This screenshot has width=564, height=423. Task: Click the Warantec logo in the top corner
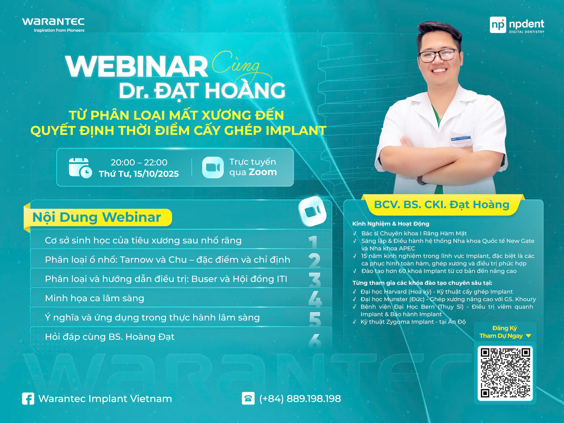[53, 25]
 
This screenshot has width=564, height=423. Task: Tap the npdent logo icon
[498, 25]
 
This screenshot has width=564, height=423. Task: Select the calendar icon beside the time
[80, 168]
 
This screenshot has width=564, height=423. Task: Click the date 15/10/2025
[156, 174]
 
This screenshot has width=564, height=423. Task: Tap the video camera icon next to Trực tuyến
[213, 167]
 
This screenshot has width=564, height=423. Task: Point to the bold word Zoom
[263, 172]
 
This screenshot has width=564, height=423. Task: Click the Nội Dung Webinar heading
[97, 217]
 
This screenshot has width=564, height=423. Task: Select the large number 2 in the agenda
[314, 260]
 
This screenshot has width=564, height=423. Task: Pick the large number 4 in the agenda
[315, 299]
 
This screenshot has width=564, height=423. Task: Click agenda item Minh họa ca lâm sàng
[95, 298]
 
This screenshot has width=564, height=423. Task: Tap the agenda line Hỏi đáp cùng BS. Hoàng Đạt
[110, 337]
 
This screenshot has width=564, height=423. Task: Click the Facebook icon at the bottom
[28, 399]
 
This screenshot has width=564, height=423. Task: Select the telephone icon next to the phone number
[248, 398]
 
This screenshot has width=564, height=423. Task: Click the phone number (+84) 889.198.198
[300, 399]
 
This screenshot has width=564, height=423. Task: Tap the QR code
[505, 373]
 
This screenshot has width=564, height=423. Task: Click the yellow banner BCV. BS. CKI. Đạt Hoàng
[442, 205]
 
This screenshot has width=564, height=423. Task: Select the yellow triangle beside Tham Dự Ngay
[528, 336]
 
